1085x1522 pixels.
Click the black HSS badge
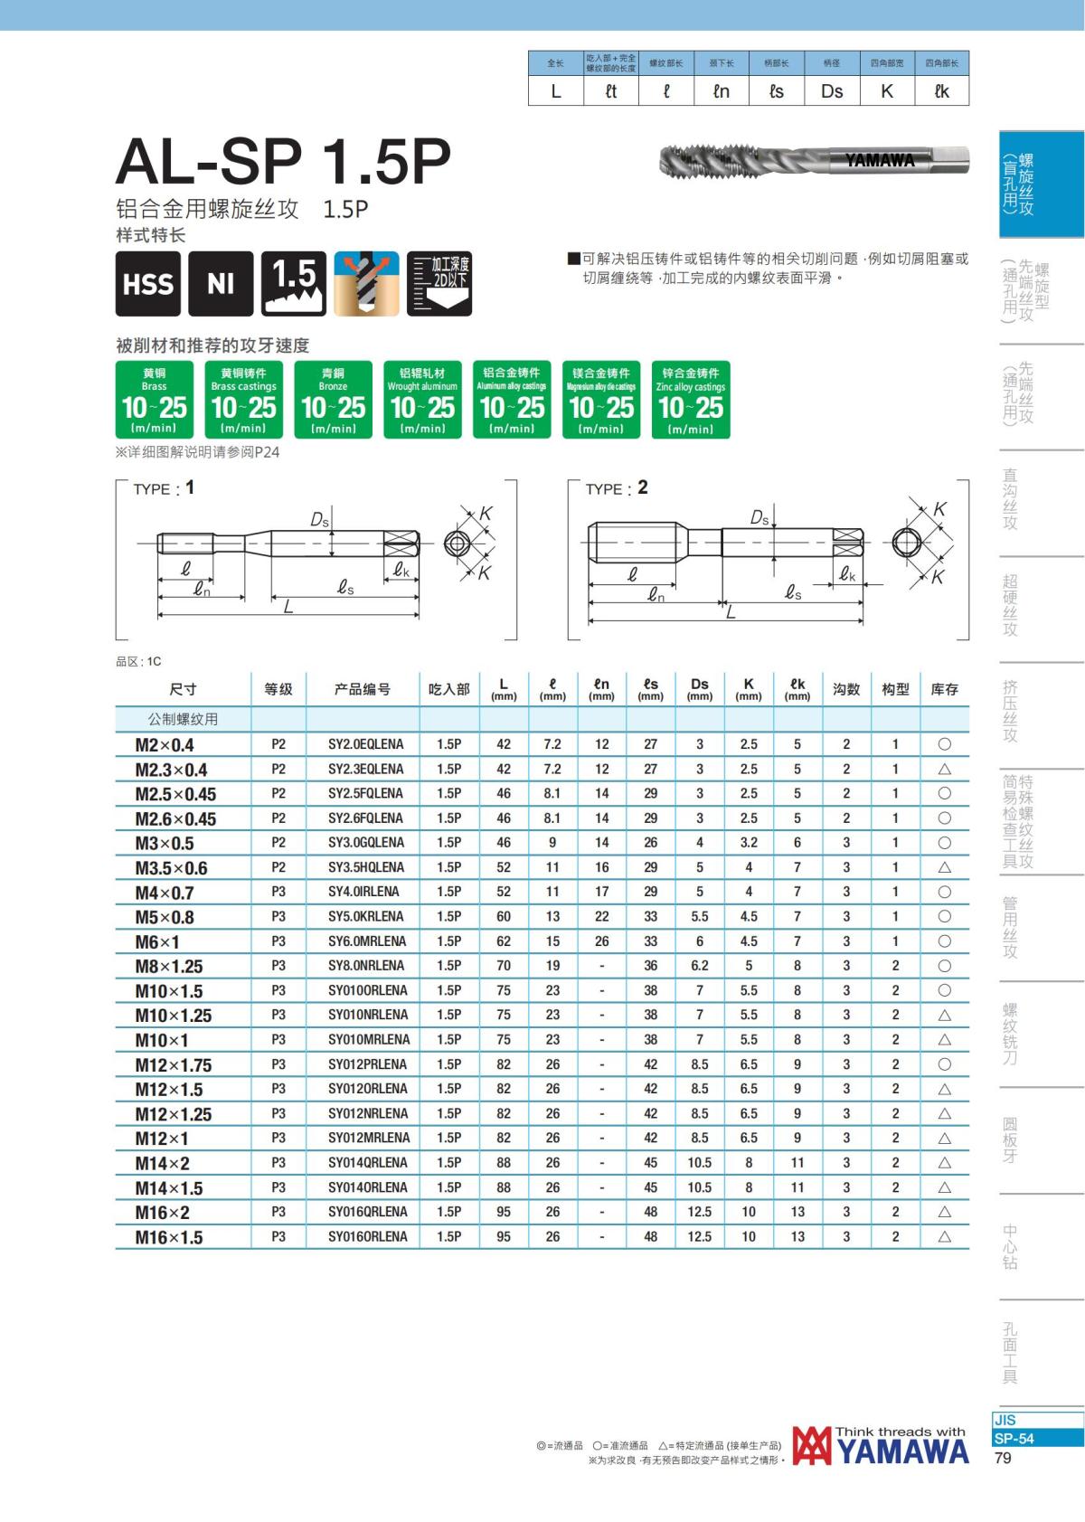point(148,283)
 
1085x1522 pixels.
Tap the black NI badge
point(221,283)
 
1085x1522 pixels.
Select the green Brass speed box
point(155,399)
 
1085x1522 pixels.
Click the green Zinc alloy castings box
point(690,399)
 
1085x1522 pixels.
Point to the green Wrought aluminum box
point(422,399)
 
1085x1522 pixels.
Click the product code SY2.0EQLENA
point(365,744)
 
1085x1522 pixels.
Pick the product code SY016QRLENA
point(368,1212)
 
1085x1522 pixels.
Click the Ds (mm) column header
point(699,689)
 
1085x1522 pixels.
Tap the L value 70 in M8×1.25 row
point(504,966)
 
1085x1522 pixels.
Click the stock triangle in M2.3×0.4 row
point(944,769)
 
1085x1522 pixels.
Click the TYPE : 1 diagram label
point(164,487)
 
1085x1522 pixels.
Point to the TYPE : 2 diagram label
point(617,487)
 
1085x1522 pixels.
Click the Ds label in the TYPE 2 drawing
point(759,518)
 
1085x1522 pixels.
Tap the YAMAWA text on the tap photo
point(880,160)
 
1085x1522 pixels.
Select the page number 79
point(1002,1458)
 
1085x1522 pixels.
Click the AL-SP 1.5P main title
point(283,162)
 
